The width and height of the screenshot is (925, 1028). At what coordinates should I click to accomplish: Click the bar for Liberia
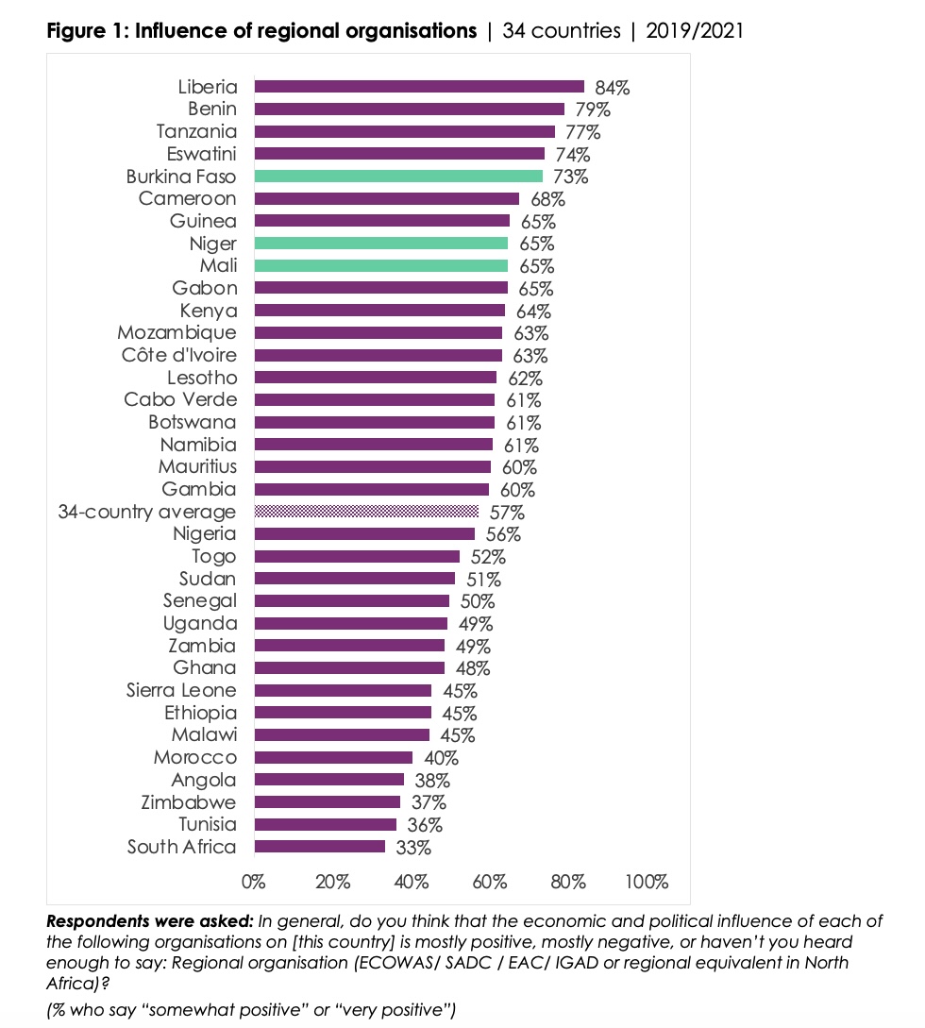[x=419, y=87]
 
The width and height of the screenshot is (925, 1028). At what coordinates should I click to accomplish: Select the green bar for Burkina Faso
[x=398, y=177]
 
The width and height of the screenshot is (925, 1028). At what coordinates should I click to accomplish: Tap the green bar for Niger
[x=381, y=244]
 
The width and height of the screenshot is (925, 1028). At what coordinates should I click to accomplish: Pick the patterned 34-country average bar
[x=366, y=512]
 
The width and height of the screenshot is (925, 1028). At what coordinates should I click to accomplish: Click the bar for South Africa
[x=319, y=847]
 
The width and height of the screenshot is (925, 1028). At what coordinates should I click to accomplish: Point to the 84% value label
[x=612, y=88]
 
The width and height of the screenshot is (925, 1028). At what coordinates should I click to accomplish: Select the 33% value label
[x=413, y=848]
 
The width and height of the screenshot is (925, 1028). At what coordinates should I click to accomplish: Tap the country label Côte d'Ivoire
[x=179, y=356]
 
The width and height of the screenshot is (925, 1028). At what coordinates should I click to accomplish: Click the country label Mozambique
[x=177, y=333]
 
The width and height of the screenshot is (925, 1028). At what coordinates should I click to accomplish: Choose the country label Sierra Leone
[x=181, y=690]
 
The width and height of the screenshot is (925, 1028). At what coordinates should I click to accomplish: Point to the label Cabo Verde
[x=180, y=399]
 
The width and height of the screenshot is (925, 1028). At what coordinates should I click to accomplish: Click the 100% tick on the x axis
[x=647, y=883]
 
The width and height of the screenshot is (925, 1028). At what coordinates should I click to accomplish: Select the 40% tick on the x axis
[x=412, y=883]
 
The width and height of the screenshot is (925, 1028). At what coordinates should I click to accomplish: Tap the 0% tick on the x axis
[x=254, y=883]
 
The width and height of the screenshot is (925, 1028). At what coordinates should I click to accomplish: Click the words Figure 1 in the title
[x=87, y=31]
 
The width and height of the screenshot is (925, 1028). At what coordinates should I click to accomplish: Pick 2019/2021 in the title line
[x=695, y=31]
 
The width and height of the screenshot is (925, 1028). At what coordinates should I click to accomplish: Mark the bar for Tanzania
[x=404, y=132]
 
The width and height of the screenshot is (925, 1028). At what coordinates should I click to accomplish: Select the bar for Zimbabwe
[x=327, y=802]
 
